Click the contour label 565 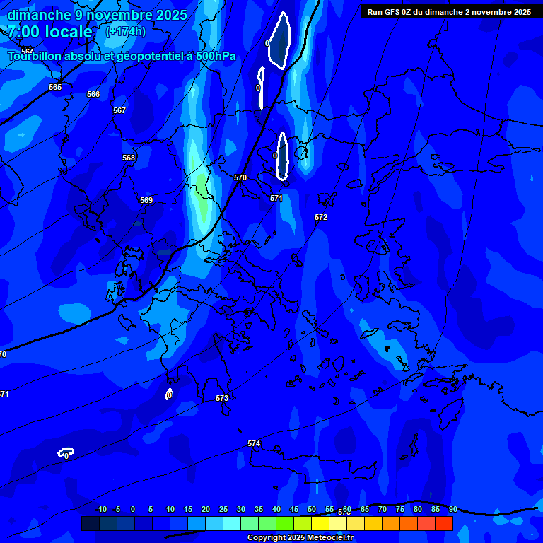pyautogui.click(x=55, y=87)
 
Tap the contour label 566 pyautogui.click(x=93, y=94)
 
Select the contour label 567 pyautogui.click(x=119, y=110)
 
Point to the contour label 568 pyautogui.click(x=129, y=158)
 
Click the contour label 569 pyautogui.click(x=146, y=200)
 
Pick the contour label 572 pyautogui.click(x=321, y=217)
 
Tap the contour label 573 pyautogui.click(x=222, y=398)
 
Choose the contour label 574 pyautogui.click(x=254, y=443)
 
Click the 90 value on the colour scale pyautogui.click(x=452, y=509)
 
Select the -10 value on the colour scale pyautogui.click(x=100, y=509)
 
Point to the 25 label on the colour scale pyautogui.click(x=223, y=509)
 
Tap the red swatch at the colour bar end pyautogui.click(x=443, y=523)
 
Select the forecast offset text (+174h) pyautogui.click(x=125, y=32)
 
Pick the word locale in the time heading pyautogui.click(x=68, y=32)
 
